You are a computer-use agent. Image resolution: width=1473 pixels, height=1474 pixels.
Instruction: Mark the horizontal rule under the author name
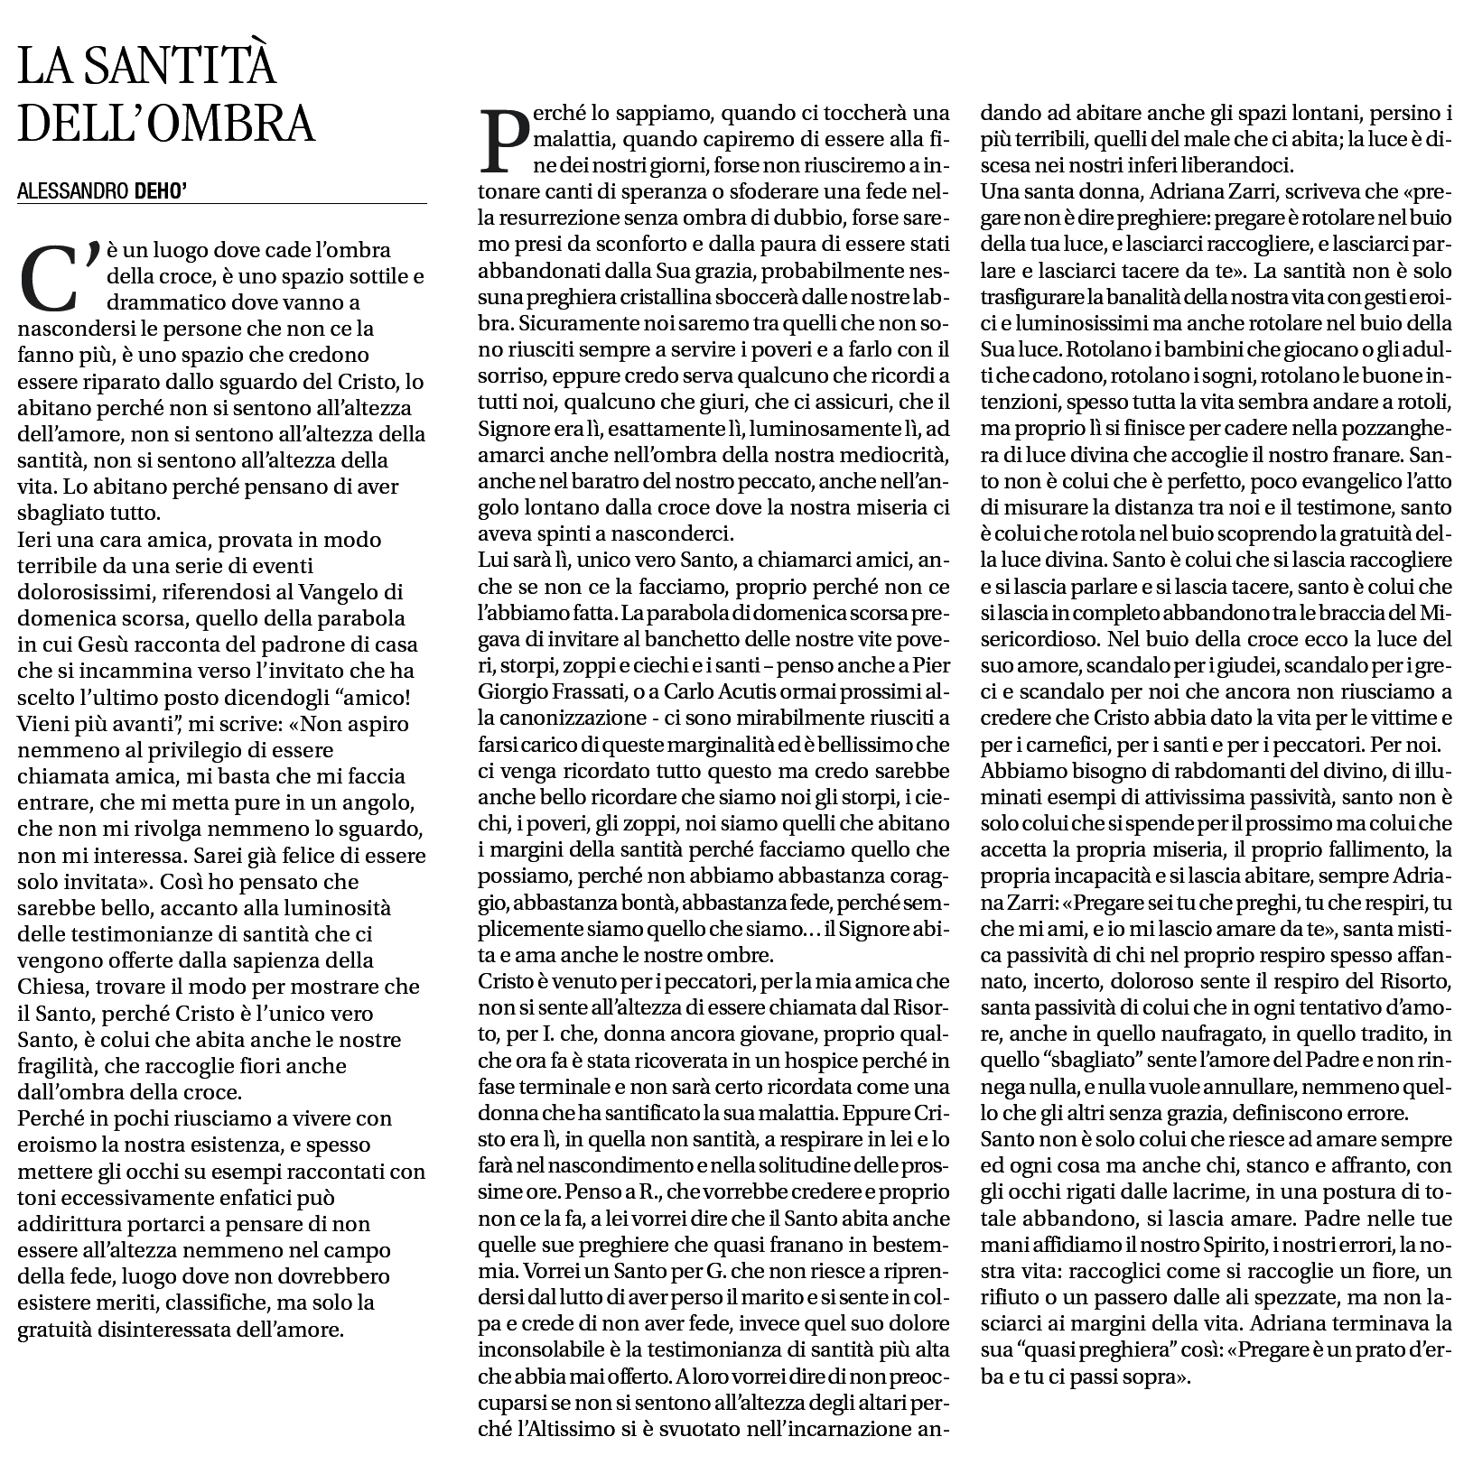pyautogui.click(x=221, y=205)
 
